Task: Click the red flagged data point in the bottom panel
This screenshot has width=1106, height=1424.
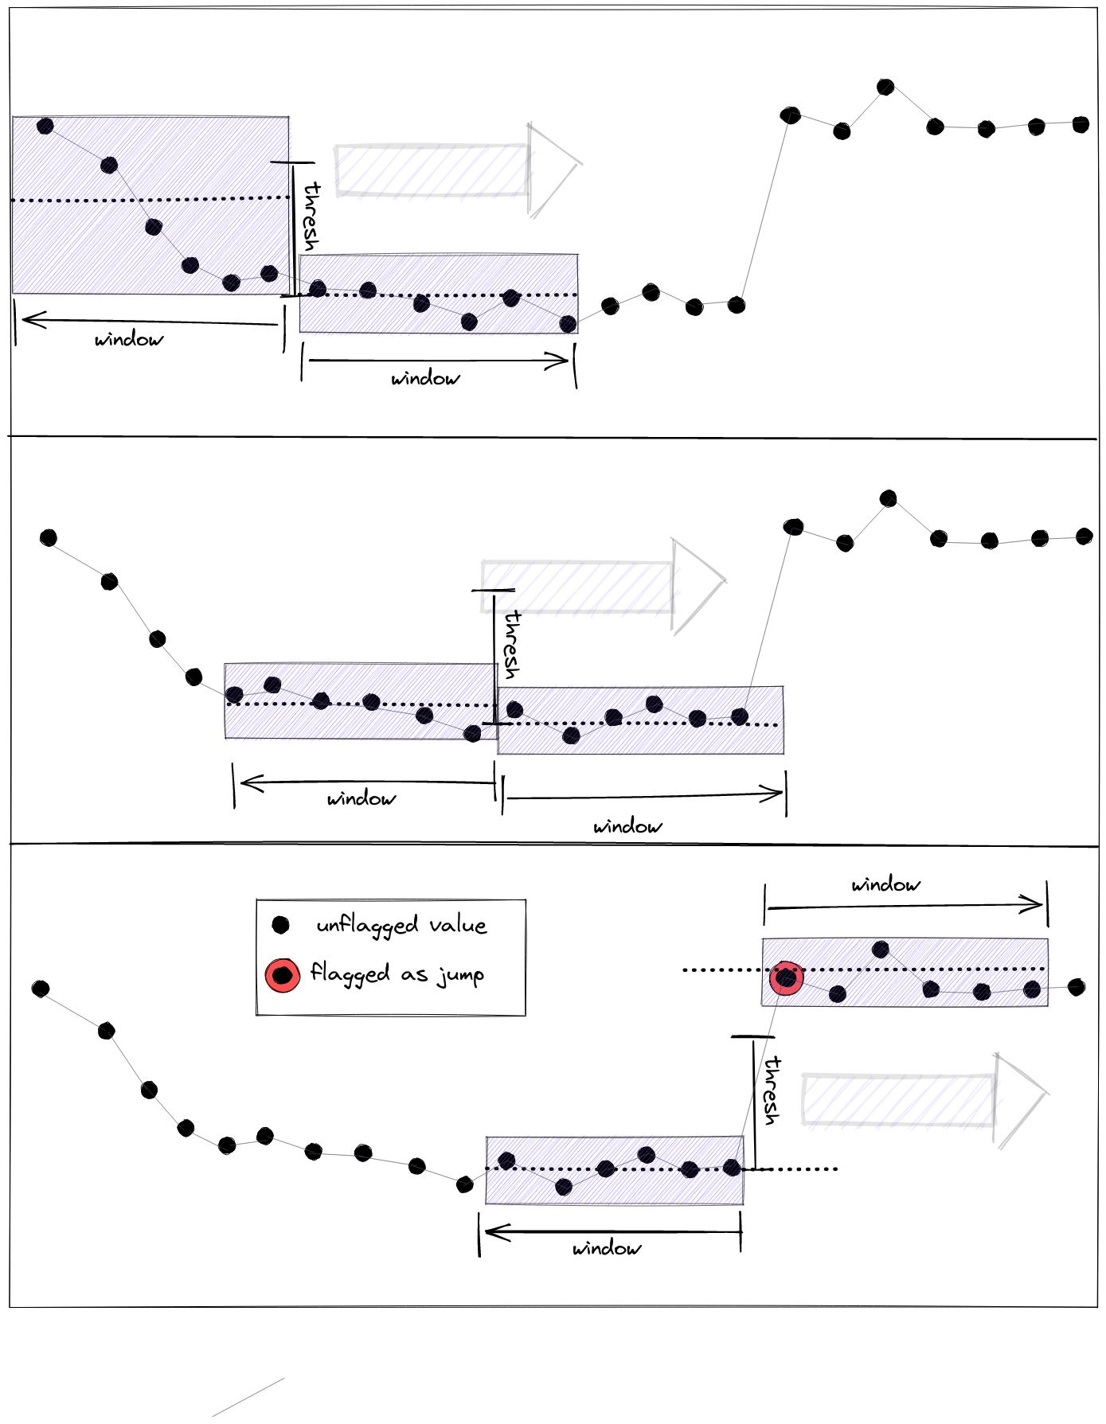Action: [x=786, y=977]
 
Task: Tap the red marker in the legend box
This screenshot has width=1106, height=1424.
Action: [x=282, y=974]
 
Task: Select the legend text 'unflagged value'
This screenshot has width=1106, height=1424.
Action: [x=401, y=925]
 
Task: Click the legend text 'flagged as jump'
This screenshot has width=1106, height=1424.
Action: [x=397, y=973]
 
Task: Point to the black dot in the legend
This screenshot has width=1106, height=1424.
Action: [x=280, y=925]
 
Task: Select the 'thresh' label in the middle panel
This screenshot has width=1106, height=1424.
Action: [x=512, y=645]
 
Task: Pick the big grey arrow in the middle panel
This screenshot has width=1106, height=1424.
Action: [x=602, y=586]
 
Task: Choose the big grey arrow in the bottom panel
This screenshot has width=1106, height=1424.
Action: [x=924, y=1099]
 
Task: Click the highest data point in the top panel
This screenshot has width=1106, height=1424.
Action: [x=885, y=87]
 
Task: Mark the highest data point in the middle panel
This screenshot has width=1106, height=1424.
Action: [x=889, y=499]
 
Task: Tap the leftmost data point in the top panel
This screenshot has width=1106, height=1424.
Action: [x=45, y=126]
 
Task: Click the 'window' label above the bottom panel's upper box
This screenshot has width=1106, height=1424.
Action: [x=885, y=884]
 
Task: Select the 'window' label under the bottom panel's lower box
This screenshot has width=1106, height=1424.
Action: [x=607, y=1248]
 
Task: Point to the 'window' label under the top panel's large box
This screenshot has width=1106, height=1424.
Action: [x=129, y=340]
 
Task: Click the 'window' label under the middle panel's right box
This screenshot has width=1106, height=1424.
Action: [x=627, y=826]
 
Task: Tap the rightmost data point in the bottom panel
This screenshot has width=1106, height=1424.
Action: [x=1077, y=987]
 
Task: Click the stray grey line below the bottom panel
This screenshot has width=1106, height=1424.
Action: [x=248, y=1397]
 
